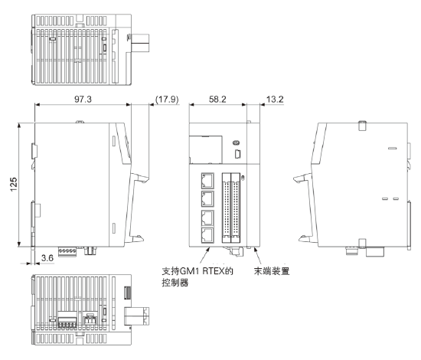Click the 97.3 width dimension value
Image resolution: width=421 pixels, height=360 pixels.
coord(83,99)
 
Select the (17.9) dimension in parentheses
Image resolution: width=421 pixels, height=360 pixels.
coord(167,99)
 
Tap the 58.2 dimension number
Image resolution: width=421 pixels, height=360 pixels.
coord(217,99)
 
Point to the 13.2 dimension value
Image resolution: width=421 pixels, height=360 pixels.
coord(275,99)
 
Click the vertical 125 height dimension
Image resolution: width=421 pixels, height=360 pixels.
coord(14,185)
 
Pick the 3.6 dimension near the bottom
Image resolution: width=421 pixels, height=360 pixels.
coord(47,258)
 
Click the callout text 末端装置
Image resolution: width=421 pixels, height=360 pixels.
coord(272,271)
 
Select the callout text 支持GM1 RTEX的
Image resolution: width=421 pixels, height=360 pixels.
coord(197,271)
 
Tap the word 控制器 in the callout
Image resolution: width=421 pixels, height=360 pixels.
coord(175,283)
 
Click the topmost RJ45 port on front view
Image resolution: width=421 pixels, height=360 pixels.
coord(207,180)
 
